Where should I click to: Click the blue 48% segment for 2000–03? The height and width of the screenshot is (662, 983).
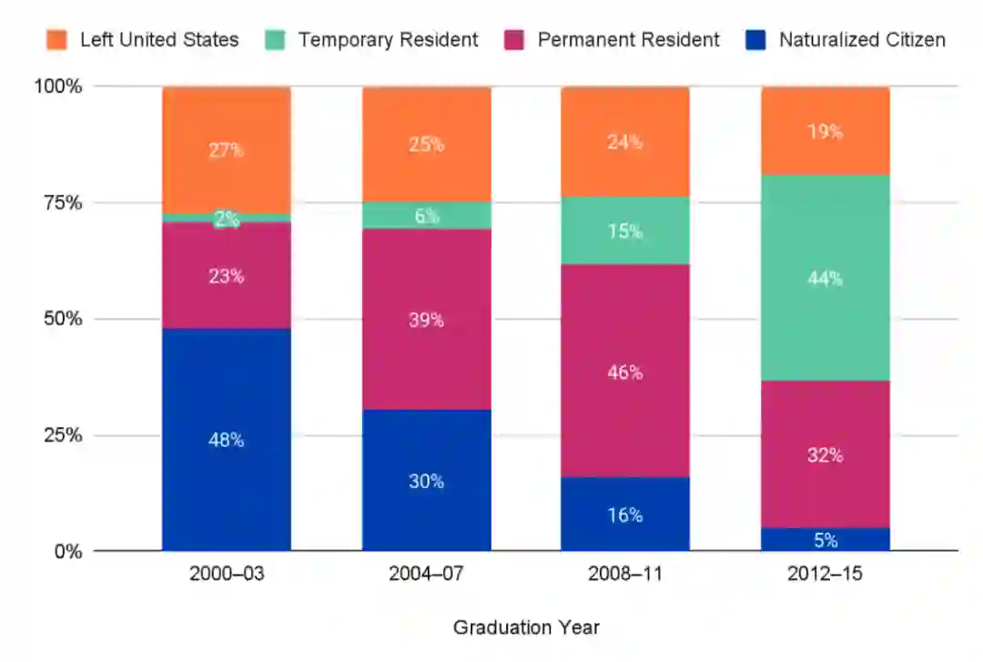227,439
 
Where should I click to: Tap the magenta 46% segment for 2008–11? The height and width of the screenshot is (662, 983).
625,371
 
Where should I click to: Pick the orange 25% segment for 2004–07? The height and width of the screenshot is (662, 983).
426,144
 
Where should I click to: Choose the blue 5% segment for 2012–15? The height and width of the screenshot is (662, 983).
825,539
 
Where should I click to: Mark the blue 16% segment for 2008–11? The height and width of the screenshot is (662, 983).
625,514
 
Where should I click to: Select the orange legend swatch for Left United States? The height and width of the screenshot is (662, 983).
57,40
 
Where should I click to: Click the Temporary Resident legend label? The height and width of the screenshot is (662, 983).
388,40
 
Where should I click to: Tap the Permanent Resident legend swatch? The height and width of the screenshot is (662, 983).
514,40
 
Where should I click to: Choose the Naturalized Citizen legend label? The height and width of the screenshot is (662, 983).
862,40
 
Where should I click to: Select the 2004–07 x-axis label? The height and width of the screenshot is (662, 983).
426,575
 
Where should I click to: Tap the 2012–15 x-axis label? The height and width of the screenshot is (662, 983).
825,575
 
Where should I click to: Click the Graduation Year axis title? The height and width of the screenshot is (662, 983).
526,627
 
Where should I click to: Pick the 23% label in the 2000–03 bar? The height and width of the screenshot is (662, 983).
227,276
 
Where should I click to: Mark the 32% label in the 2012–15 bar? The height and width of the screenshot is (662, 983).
825,454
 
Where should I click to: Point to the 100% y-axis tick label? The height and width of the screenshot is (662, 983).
59,87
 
